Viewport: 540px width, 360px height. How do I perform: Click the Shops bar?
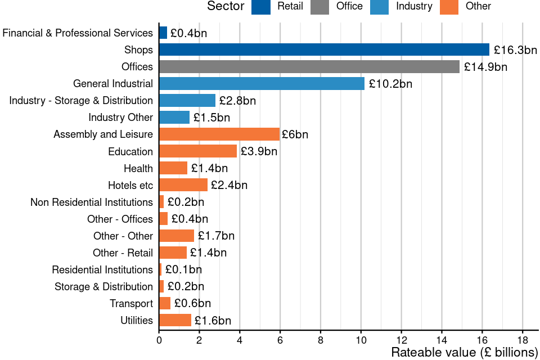[324, 49]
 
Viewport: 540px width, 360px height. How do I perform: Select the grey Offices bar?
[309, 66]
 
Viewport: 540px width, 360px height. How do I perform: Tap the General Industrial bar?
[262, 84]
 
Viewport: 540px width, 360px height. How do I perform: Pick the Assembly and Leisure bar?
[219, 134]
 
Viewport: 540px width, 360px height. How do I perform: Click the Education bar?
[198, 151]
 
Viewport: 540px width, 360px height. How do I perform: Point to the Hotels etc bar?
[183, 185]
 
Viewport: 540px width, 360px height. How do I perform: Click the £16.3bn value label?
[515, 50]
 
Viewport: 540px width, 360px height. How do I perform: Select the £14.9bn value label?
[485, 67]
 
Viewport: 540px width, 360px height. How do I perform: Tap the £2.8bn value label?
[237, 101]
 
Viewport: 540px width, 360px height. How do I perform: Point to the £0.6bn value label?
[192, 304]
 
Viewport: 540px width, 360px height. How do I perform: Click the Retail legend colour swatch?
[261, 7]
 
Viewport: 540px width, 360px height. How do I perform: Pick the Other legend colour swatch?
[449, 7]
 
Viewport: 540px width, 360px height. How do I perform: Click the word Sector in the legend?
[226, 7]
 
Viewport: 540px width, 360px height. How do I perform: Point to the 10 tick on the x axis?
[361, 340]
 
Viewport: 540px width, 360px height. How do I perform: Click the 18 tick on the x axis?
[523, 340]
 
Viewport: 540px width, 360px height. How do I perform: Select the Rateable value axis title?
[465, 353]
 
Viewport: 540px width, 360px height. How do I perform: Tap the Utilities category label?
[137, 321]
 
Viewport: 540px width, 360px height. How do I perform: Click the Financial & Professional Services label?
[78, 33]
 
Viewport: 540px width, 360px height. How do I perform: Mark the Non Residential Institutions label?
[92, 202]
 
